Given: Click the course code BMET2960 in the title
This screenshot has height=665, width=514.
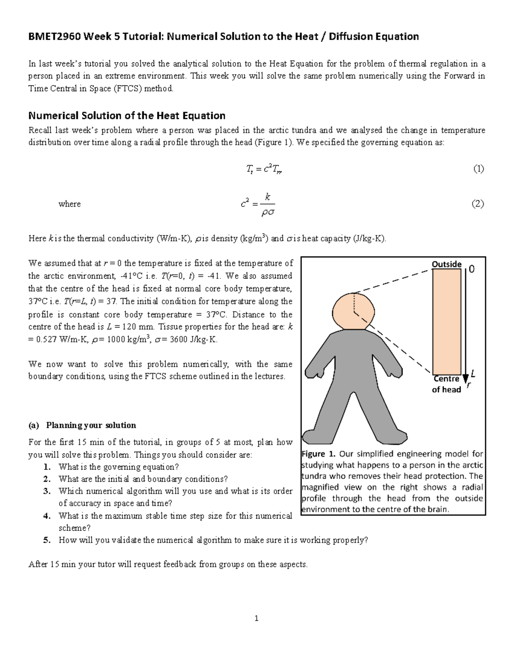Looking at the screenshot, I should [54, 37].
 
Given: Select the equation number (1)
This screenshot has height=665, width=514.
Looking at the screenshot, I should [478, 169].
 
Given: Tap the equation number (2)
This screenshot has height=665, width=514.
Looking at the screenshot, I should [478, 204].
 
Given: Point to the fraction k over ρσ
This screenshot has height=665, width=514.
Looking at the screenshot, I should [268, 205].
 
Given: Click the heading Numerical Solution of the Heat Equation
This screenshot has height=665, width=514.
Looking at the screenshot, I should [127, 116].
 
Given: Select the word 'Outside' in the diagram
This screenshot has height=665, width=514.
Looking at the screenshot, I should [446, 264].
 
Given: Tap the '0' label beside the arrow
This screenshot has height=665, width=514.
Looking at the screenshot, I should [472, 269].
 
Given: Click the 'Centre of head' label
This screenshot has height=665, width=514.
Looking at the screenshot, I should [446, 384].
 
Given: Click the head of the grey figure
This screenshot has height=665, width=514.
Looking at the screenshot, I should [353, 312].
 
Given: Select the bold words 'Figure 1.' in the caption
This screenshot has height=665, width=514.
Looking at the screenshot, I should [320, 454].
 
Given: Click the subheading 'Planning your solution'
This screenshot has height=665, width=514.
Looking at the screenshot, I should [91, 425].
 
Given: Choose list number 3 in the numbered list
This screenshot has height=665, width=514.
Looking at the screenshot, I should [47, 491].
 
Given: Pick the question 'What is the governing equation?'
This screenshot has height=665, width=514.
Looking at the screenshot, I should [119, 467].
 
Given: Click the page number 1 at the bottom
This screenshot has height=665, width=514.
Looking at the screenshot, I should [256, 618].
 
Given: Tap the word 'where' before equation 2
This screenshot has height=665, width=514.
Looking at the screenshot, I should [69, 204].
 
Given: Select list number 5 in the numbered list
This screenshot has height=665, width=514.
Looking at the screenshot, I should [47, 540].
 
